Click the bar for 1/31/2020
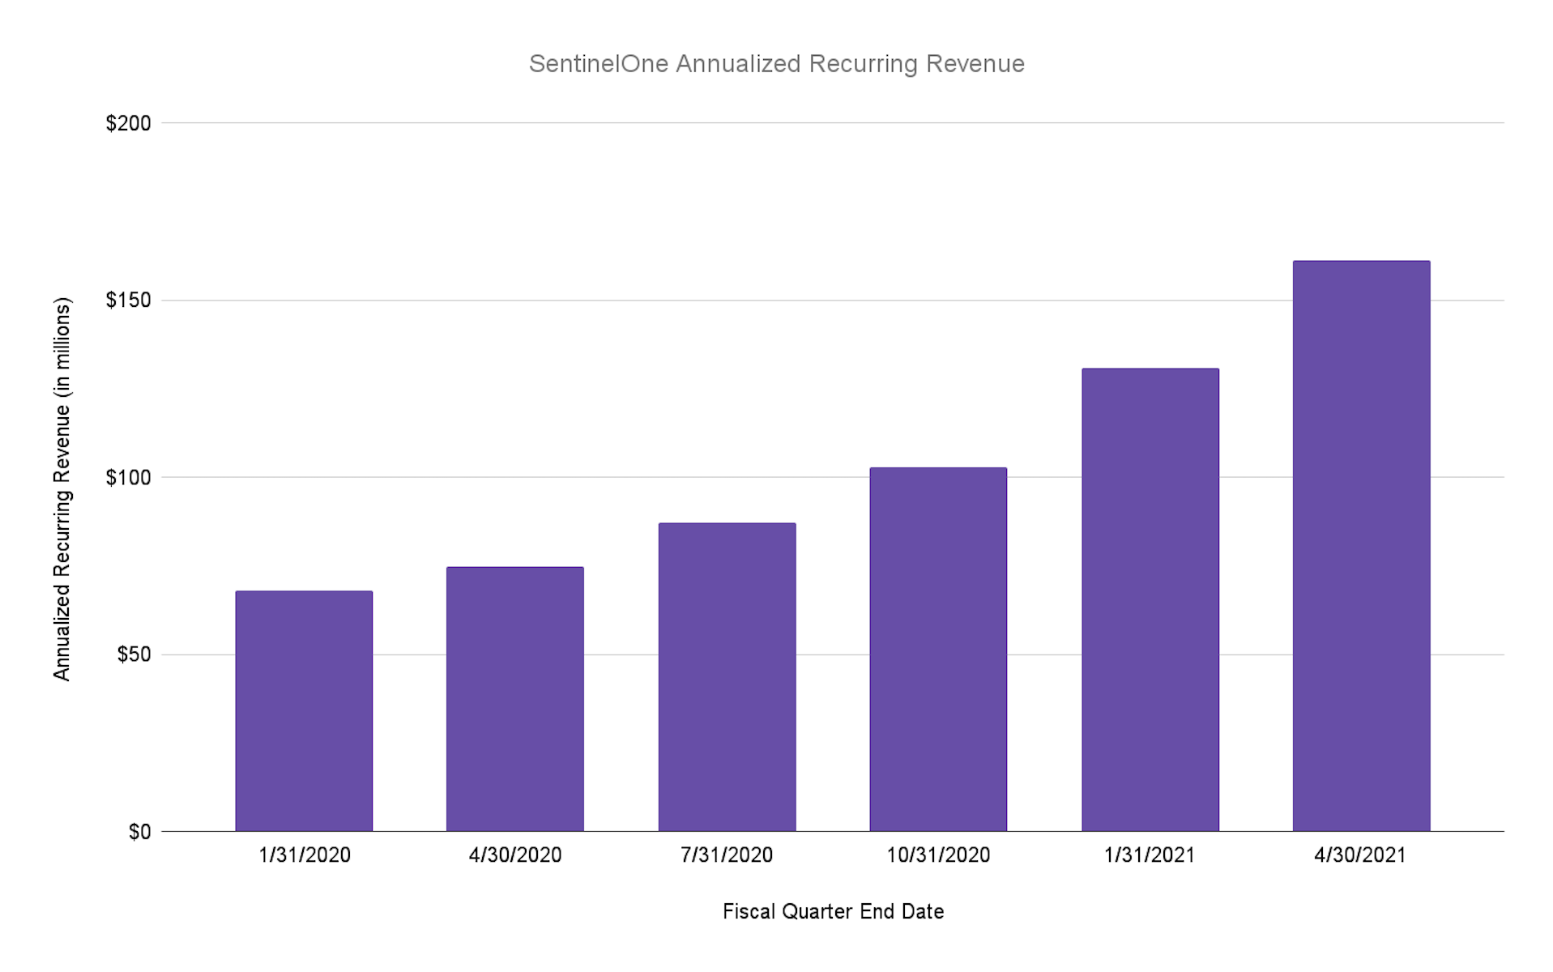pos(304,711)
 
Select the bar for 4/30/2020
pos(515,699)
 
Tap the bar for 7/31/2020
pos(727,677)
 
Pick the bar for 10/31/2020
pos(938,650)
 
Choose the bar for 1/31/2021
pos(1150,600)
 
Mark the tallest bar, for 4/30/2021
pos(1361,546)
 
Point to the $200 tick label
pos(128,123)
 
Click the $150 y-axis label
pos(128,301)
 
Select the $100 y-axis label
pos(128,477)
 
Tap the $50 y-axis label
pos(134,654)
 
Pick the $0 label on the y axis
pos(139,832)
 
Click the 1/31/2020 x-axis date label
pos(304,855)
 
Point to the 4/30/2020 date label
pos(515,855)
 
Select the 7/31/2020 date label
pos(727,855)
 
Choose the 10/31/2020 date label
pos(938,855)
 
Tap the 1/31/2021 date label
pos(1150,855)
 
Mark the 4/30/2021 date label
pos(1361,855)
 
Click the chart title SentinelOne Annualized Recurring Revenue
pos(776,63)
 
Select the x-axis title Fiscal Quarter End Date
pos(833,912)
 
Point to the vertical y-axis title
pos(62,489)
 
